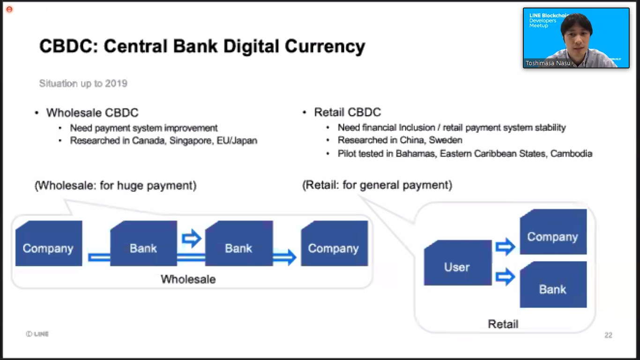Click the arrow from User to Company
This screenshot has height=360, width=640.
(x=505, y=246)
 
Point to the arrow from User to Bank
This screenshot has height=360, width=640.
(x=505, y=277)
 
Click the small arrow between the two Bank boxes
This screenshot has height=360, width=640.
(x=191, y=239)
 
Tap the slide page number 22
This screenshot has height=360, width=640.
(x=608, y=335)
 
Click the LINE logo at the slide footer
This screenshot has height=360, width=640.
(x=37, y=334)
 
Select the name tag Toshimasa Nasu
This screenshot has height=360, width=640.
(x=547, y=63)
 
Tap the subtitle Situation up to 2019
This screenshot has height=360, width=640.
(x=83, y=83)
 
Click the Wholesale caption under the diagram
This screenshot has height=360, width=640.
(x=188, y=279)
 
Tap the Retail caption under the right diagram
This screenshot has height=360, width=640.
(x=503, y=324)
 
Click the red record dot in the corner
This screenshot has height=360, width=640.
(x=9, y=9)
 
